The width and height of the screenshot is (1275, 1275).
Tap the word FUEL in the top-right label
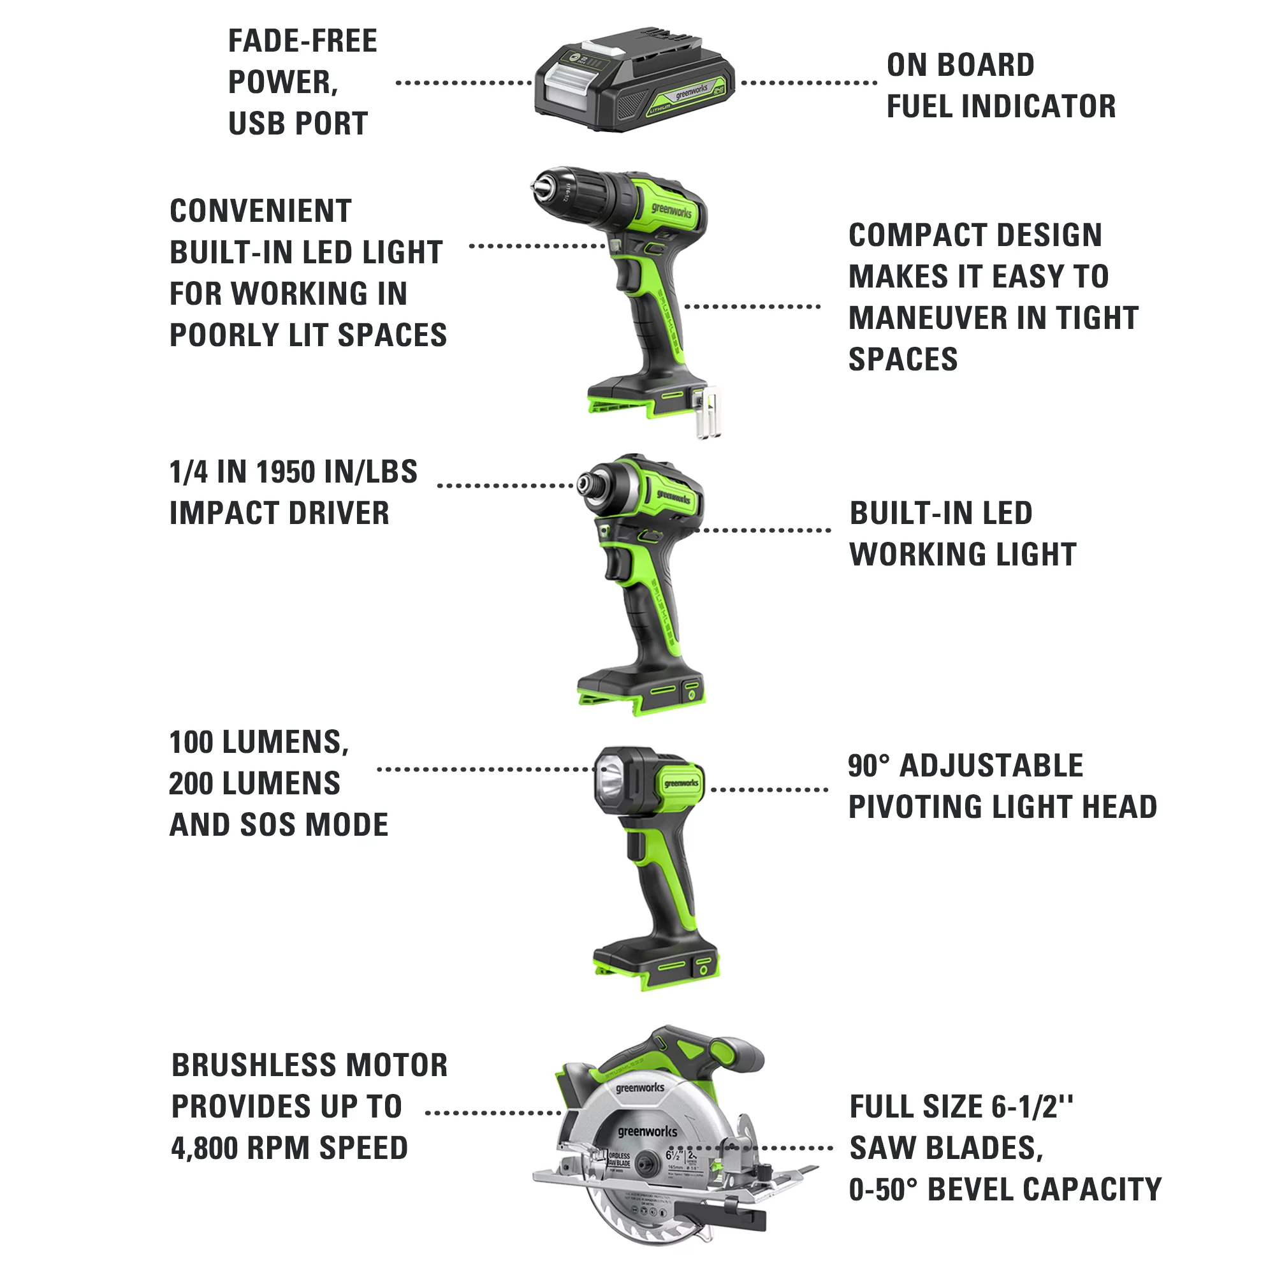pyautogui.click(x=919, y=107)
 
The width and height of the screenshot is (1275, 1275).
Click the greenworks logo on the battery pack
pyautogui.click(x=690, y=91)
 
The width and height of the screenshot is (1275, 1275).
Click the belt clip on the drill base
pyautogui.click(x=708, y=412)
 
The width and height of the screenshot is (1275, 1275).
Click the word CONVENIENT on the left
pyautogui.click(x=260, y=212)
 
